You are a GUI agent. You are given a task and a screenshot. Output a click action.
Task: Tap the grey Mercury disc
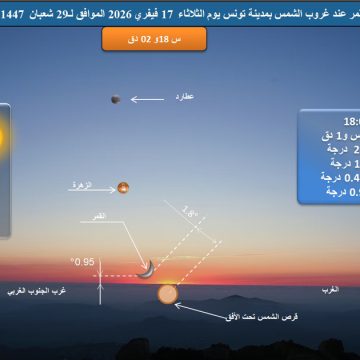tap(116, 98)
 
